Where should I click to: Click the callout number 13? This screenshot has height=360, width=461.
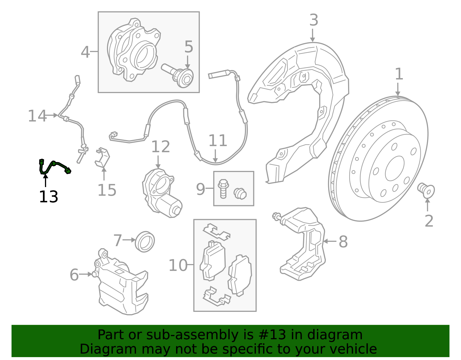48,197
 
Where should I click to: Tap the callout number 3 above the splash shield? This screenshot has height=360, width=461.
313,20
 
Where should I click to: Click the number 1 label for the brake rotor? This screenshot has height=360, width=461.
399,74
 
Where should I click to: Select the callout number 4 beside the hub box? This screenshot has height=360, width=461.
85,52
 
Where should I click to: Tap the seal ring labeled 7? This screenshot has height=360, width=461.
145,241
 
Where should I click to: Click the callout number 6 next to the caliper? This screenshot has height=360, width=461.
74,275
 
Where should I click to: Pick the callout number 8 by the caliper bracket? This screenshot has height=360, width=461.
343,242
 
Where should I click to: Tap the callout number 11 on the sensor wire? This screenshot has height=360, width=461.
218,141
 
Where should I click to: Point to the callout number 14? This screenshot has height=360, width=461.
37,116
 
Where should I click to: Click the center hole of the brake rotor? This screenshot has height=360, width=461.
394,169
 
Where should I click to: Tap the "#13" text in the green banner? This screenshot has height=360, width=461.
272,335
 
